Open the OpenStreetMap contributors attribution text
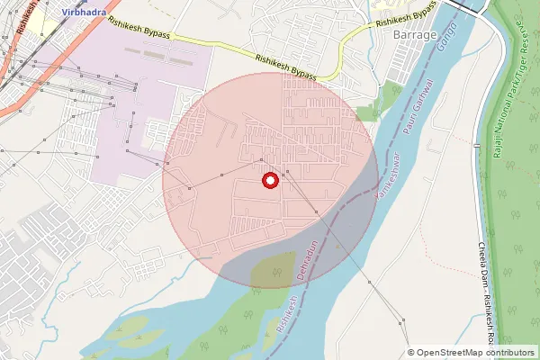coord(475,353)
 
